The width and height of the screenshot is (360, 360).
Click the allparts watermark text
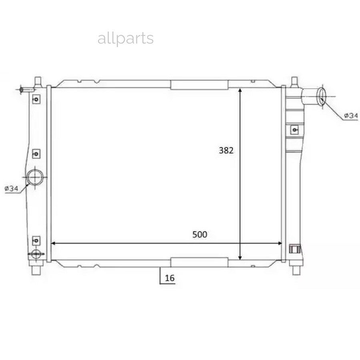click(126, 38)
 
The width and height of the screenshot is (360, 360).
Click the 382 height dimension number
click(226, 150)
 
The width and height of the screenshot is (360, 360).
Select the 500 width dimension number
click(200, 234)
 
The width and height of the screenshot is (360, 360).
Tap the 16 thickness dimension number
click(170, 278)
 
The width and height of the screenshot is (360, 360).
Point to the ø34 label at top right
click(351, 116)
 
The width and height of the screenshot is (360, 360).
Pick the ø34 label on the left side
click(11, 189)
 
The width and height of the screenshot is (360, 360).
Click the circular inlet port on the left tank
click(35, 177)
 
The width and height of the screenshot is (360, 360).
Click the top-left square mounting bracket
click(36, 99)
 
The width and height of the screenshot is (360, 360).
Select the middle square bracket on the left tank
click(36, 154)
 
